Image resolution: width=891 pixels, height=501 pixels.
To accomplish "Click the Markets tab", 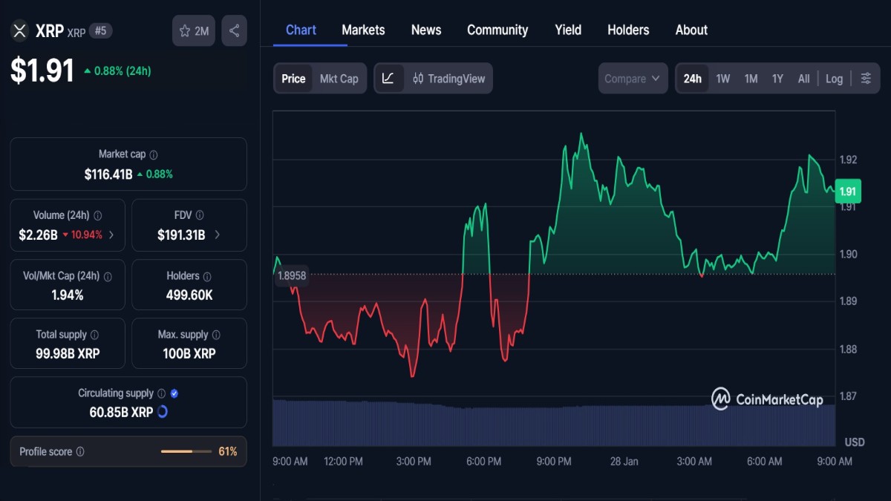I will pyautogui.click(x=363, y=30).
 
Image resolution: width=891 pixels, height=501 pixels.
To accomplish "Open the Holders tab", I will pyautogui.click(x=628, y=30).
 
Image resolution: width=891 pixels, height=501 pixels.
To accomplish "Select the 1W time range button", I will pyautogui.click(x=722, y=79).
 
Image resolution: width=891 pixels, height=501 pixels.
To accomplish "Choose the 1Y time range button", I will pyautogui.click(x=777, y=79).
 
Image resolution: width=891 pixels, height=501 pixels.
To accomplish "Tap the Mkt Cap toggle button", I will pyautogui.click(x=339, y=79).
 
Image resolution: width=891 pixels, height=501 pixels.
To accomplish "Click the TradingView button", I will pyautogui.click(x=448, y=79).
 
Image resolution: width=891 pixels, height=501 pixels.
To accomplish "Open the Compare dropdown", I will pyautogui.click(x=632, y=79).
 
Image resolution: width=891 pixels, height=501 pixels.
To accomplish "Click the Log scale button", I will pyautogui.click(x=834, y=79).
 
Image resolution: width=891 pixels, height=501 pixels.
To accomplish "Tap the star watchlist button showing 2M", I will pyautogui.click(x=194, y=31).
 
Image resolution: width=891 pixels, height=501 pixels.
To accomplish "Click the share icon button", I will pyautogui.click(x=234, y=31).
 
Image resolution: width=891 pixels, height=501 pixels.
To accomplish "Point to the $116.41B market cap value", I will pyautogui.click(x=108, y=174).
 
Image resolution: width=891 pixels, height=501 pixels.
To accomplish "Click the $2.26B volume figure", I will pyautogui.click(x=38, y=235).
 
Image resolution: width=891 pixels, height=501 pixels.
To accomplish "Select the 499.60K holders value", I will pyautogui.click(x=189, y=295).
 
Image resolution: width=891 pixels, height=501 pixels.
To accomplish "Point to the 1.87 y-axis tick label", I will pyautogui.click(x=848, y=396).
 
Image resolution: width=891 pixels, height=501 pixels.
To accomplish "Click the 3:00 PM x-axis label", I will pyautogui.click(x=414, y=462).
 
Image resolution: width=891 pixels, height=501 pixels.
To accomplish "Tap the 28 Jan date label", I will pyautogui.click(x=624, y=462).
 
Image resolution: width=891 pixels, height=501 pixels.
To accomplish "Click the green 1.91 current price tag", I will pyautogui.click(x=847, y=191).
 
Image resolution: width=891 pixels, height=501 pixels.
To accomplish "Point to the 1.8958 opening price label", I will pyautogui.click(x=292, y=275).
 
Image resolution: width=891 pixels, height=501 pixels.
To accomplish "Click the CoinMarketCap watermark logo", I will pyautogui.click(x=767, y=399).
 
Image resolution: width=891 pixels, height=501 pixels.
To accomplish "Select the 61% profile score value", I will pyautogui.click(x=227, y=451).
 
